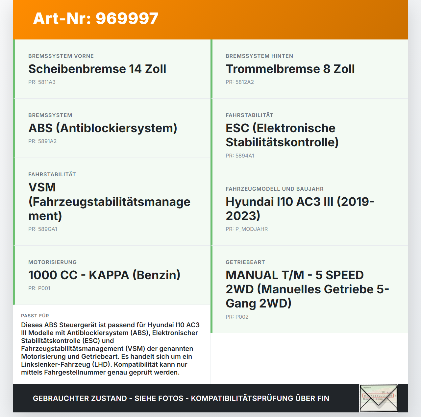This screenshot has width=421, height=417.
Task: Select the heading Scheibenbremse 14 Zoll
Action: [x=97, y=69]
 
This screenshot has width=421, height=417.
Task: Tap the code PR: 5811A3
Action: [x=42, y=82]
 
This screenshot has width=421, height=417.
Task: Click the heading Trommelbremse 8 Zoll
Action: [x=290, y=69]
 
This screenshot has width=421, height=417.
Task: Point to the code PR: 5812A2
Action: [x=239, y=82]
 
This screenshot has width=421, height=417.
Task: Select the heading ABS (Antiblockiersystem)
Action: [x=103, y=128]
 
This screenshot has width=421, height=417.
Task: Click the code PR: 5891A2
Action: [x=42, y=141]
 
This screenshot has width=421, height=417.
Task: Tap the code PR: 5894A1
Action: [x=240, y=156]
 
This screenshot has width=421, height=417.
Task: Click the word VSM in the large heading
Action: [x=42, y=187]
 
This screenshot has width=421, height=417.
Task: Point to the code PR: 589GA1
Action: [x=43, y=229]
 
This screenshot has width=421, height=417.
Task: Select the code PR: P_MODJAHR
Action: [x=247, y=229]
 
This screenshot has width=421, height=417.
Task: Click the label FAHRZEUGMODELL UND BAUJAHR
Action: [x=275, y=189]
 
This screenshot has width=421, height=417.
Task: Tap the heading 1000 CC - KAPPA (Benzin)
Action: [x=104, y=275]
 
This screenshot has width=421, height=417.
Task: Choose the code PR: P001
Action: [x=39, y=288]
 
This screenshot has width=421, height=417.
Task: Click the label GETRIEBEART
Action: [x=245, y=262]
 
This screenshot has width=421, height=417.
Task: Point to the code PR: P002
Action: [x=237, y=317]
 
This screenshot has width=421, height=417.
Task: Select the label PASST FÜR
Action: [x=35, y=316]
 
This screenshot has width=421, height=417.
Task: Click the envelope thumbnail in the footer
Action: [x=379, y=398]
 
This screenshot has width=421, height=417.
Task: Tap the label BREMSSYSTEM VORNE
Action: [x=61, y=56]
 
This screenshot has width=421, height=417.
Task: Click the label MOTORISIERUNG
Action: [x=52, y=262]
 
